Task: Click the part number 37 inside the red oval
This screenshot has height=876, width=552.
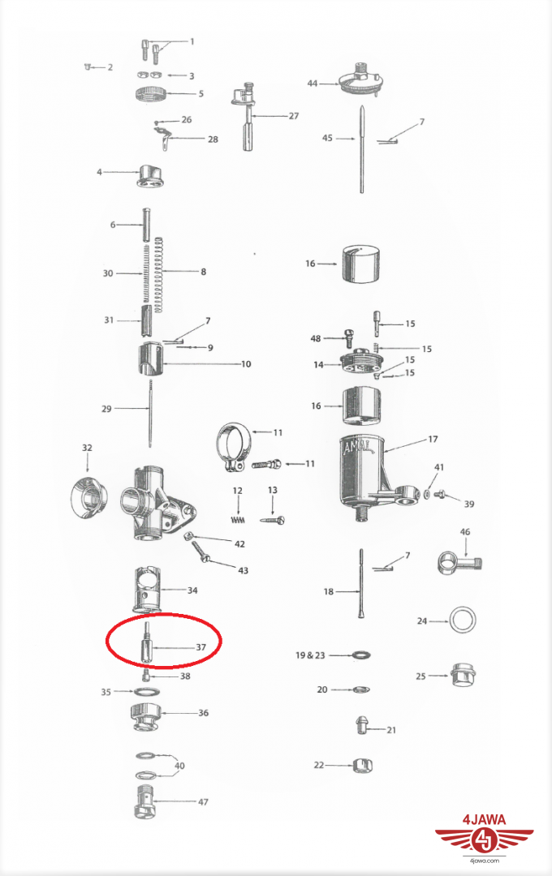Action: pyautogui.click(x=201, y=647)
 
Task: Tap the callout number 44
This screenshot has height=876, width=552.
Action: pyautogui.click(x=312, y=84)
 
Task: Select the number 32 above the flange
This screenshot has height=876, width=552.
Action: pyautogui.click(x=87, y=448)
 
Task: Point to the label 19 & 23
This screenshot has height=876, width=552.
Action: pyautogui.click(x=310, y=655)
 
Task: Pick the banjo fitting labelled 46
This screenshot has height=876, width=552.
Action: pyautogui.click(x=459, y=562)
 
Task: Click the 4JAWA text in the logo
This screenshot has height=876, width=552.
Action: pyautogui.click(x=485, y=820)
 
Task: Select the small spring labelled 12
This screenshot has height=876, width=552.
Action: pyautogui.click(x=239, y=520)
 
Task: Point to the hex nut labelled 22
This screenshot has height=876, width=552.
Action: pyautogui.click(x=362, y=765)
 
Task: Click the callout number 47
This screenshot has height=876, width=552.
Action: pyautogui.click(x=203, y=801)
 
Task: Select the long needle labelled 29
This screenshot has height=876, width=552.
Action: pyautogui.click(x=151, y=413)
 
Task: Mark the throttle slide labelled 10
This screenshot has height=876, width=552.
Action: pyautogui.click(x=150, y=362)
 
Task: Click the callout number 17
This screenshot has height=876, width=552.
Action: pyautogui.click(x=433, y=439)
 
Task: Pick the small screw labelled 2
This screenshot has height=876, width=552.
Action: pyautogui.click(x=88, y=67)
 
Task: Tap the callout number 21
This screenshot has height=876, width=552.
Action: pyautogui.click(x=391, y=730)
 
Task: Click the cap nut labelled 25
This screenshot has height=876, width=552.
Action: pyautogui.click(x=463, y=676)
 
